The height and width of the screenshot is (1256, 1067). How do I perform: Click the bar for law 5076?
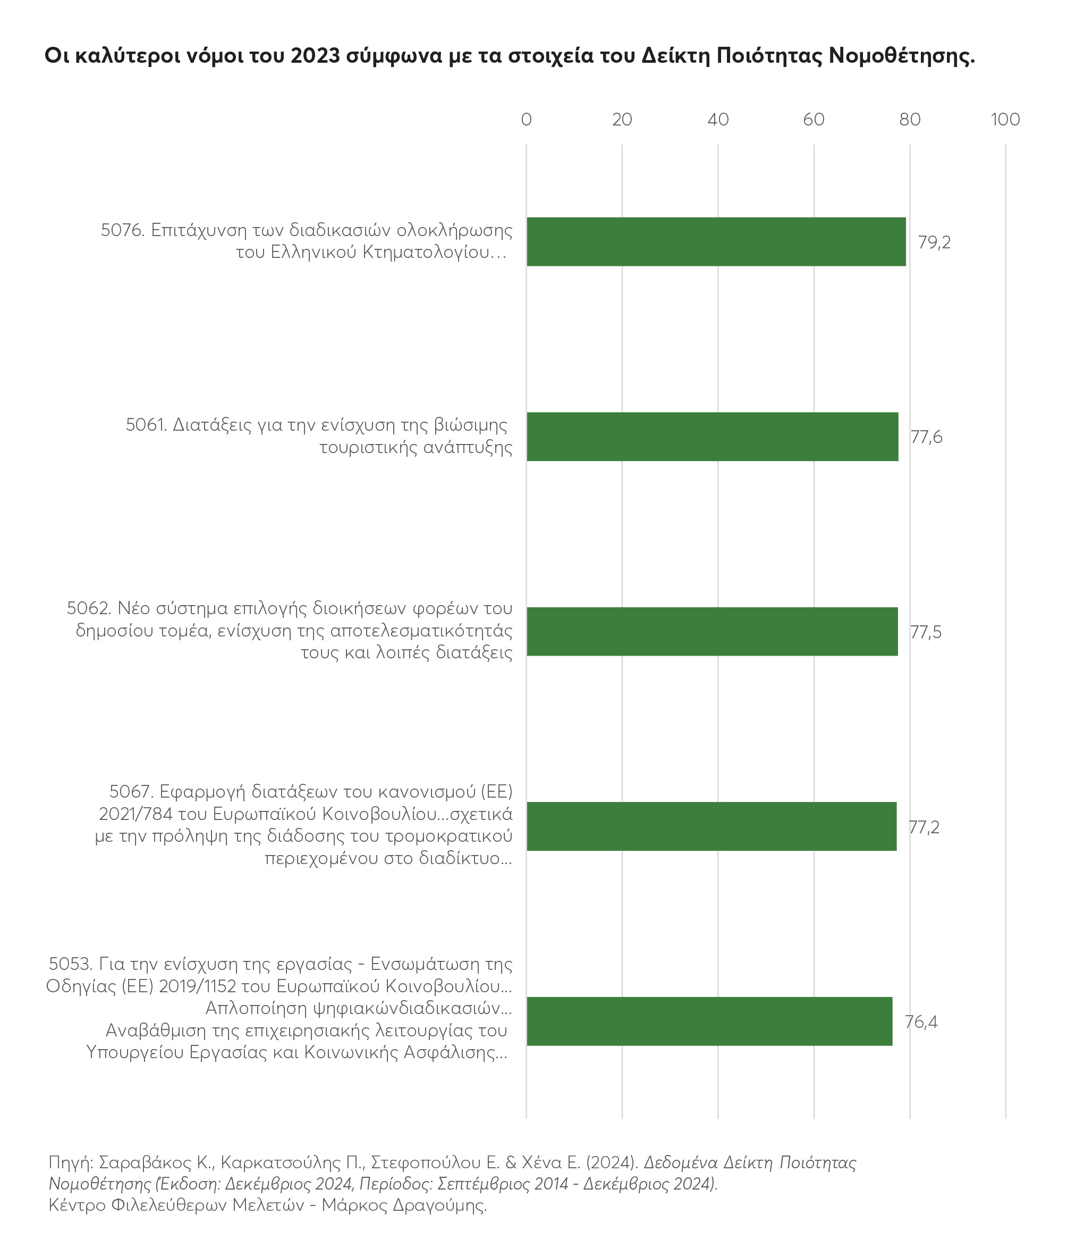tap(716, 241)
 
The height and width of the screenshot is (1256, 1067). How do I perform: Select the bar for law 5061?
tap(712, 437)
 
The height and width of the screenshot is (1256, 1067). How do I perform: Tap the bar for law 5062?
tap(712, 631)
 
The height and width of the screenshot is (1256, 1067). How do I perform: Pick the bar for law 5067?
tap(712, 826)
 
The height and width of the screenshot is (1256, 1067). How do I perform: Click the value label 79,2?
tap(934, 242)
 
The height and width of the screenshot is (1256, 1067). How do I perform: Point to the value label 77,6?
tap(926, 437)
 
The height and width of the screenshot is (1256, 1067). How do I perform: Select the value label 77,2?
tap(924, 827)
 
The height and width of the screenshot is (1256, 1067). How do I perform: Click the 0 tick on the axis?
tap(526, 119)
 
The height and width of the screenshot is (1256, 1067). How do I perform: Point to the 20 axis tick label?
tap(622, 119)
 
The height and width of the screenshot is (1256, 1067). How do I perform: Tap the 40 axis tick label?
tap(718, 119)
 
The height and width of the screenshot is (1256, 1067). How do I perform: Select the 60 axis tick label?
tap(814, 119)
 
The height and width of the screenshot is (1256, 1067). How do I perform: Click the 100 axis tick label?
tap(1005, 119)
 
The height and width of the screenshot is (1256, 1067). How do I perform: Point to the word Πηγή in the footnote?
tap(70, 1163)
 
